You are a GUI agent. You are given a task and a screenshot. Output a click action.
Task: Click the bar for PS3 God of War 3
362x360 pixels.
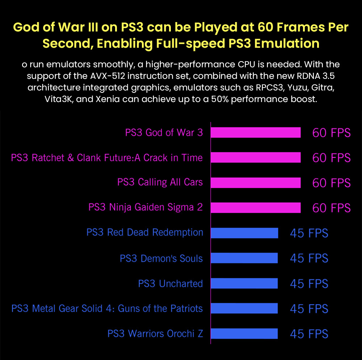[x=256, y=133]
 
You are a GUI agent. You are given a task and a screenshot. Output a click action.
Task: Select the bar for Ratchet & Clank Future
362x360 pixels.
[x=256, y=158]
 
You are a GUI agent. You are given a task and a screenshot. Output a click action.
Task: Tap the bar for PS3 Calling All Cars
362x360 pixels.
[x=256, y=183]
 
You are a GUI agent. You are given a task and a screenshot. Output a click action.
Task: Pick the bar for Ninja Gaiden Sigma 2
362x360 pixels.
[x=256, y=208]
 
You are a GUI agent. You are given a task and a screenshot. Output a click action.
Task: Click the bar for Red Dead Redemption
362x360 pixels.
[x=244, y=233]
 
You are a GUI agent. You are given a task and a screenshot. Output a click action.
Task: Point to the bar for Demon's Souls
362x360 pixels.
[x=244, y=258]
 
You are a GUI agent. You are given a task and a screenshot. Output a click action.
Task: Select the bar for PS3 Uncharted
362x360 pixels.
[x=244, y=283]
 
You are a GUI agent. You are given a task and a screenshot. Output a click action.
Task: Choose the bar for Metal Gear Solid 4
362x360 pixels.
[x=244, y=308]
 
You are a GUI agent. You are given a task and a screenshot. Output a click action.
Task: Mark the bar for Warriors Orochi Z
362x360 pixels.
[x=244, y=333]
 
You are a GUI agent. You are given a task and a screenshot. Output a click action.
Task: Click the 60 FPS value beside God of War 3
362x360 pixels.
[x=331, y=133]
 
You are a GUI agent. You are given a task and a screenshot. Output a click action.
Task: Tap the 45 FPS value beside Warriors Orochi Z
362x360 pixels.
[x=309, y=334]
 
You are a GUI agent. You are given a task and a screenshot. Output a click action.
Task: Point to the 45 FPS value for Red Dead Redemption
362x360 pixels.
[x=309, y=233]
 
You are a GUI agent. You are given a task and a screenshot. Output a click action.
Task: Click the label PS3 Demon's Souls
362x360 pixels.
[x=161, y=258]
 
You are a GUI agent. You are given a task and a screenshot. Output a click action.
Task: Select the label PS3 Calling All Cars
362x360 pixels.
[x=160, y=182]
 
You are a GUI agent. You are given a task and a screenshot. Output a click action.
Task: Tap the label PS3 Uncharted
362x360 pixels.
[x=170, y=283]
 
